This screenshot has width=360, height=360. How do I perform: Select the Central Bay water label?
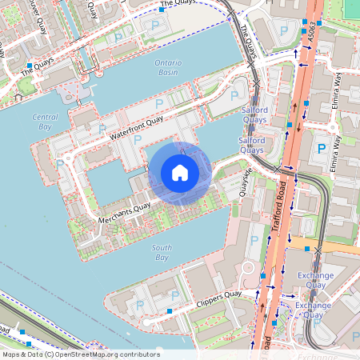[x=45, y=122]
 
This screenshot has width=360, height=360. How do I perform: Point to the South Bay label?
[x=162, y=253]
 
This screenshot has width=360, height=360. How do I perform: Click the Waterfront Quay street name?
[x=137, y=127]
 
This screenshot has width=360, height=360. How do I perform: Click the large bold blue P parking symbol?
[x=322, y=148]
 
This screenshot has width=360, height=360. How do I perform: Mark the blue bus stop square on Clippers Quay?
[x=170, y=310]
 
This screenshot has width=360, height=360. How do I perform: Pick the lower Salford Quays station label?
[x=251, y=145]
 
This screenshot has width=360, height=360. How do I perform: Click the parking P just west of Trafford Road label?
[x=254, y=240]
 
